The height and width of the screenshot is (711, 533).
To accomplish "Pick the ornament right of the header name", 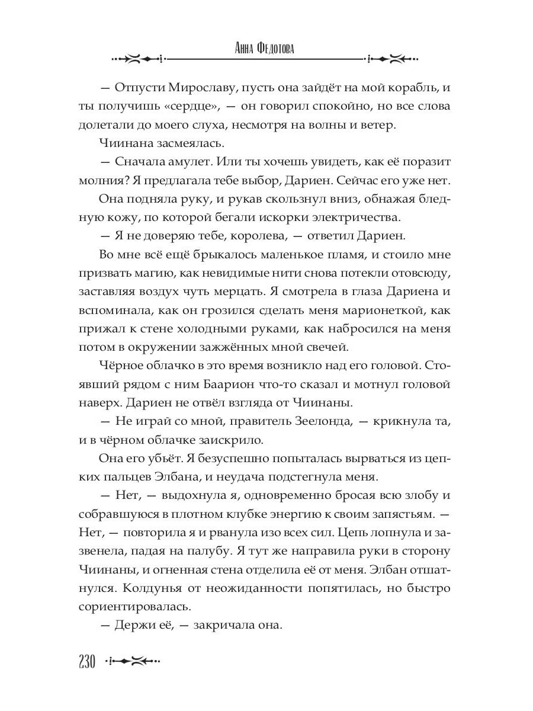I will [x=392, y=59].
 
